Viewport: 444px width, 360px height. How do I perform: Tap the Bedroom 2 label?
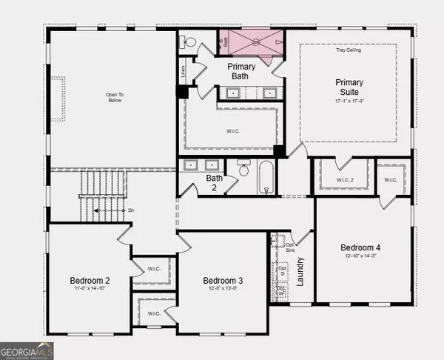tap(90, 281)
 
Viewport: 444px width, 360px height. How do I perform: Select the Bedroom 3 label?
tap(223, 281)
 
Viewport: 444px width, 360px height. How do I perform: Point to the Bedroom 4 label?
tap(360, 247)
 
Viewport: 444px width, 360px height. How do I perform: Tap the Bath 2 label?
tap(214, 182)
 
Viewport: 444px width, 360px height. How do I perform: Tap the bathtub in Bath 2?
tap(266, 179)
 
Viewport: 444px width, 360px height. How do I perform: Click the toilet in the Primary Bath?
tap(188, 41)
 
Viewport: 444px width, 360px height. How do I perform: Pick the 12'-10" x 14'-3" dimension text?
tap(360, 256)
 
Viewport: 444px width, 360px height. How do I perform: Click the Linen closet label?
tap(184, 72)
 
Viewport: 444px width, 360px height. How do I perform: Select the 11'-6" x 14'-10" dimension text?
tap(90, 290)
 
